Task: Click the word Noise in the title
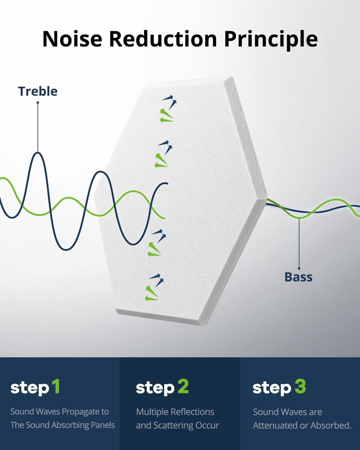72,39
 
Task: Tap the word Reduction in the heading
163,39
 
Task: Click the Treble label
38,91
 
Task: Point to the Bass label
298,277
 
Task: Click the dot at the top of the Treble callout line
38,103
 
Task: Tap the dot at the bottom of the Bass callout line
299,268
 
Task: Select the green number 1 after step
56,386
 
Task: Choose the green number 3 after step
300,386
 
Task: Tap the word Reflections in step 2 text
192,412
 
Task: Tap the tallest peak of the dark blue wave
38,153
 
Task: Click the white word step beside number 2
155,388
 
